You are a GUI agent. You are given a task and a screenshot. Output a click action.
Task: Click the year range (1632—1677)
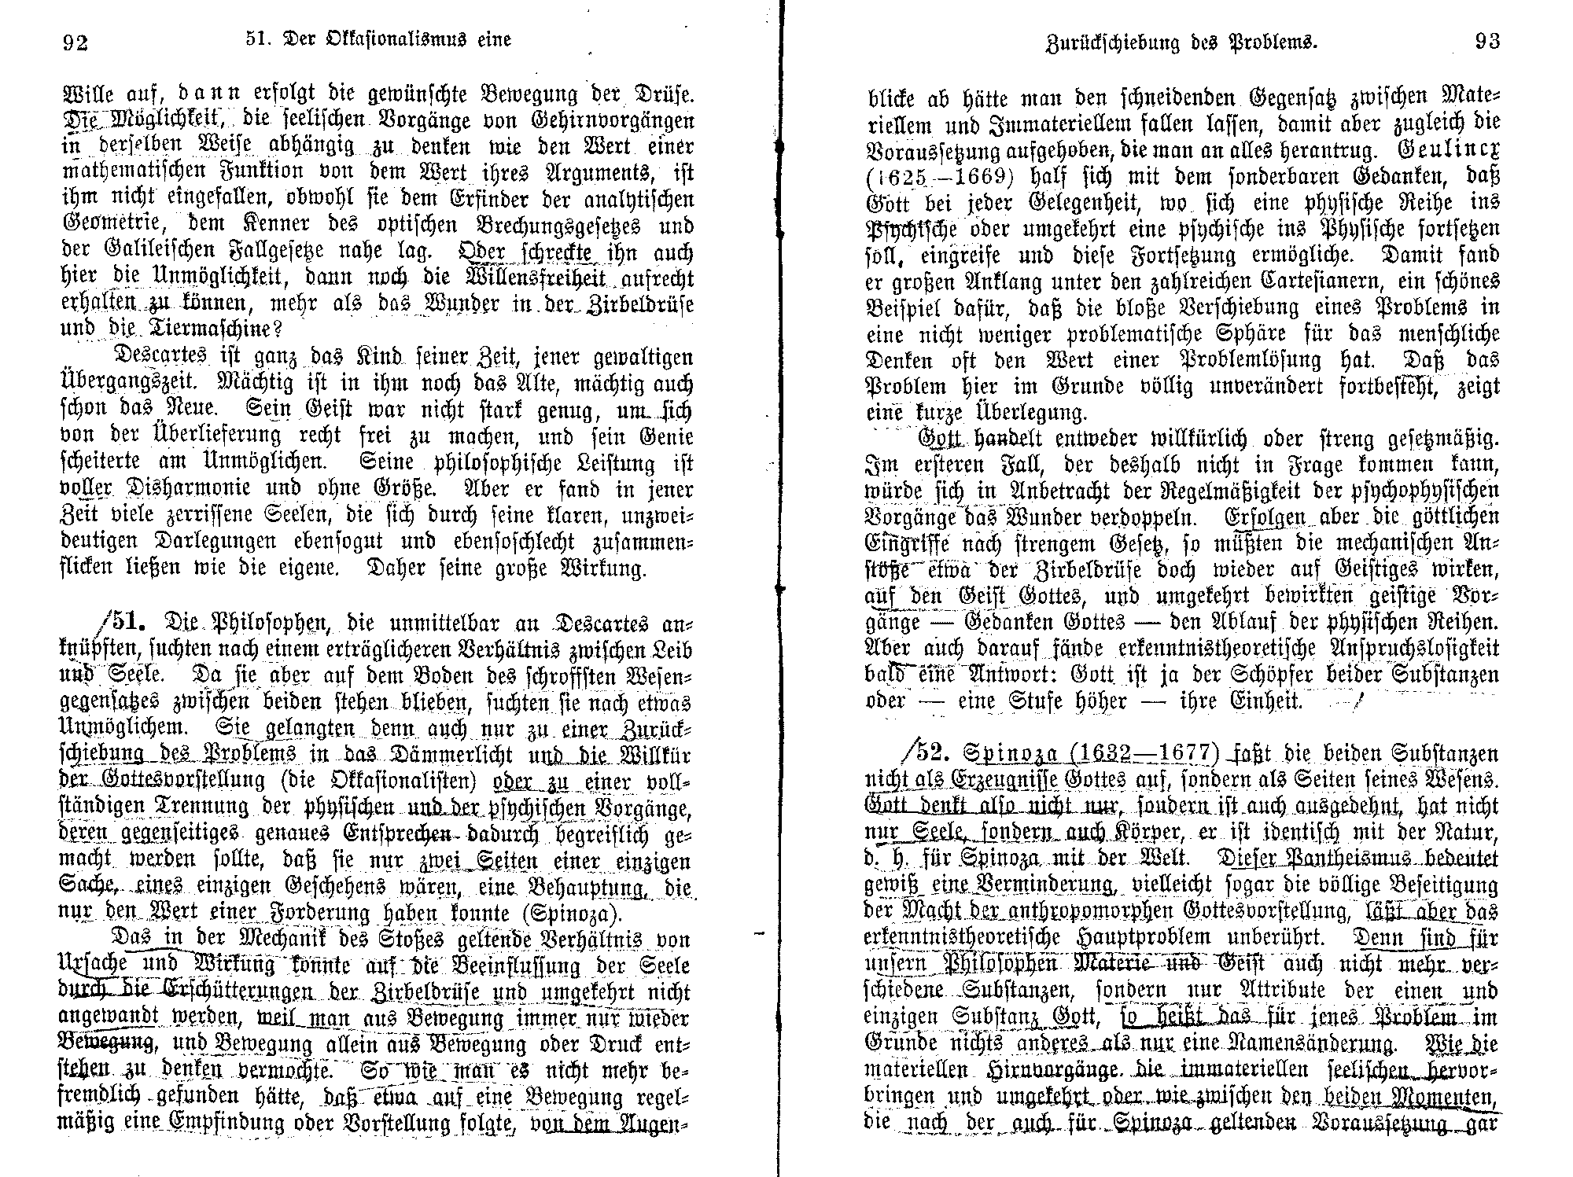[x=1152, y=753]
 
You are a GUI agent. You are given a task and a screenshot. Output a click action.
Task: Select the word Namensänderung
[x=1328, y=1043]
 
